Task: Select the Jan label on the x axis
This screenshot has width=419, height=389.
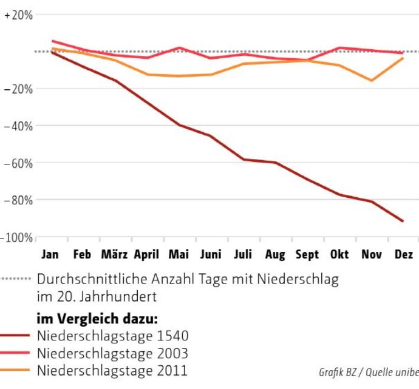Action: (50, 255)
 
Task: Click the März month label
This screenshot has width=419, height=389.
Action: (114, 255)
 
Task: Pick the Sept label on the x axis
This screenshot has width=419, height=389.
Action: (307, 255)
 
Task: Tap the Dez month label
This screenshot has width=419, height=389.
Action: (403, 255)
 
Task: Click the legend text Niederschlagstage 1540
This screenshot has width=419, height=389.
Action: (112, 335)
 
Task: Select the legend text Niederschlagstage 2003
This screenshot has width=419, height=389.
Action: (112, 353)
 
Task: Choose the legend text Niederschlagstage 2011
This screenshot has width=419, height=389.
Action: (112, 370)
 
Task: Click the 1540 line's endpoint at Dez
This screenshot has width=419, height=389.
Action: (403, 221)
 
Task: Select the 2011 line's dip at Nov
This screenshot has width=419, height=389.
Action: (371, 80)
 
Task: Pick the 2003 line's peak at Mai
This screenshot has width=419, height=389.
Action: (179, 47)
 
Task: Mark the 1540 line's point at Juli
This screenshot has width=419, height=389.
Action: (243, 159)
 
